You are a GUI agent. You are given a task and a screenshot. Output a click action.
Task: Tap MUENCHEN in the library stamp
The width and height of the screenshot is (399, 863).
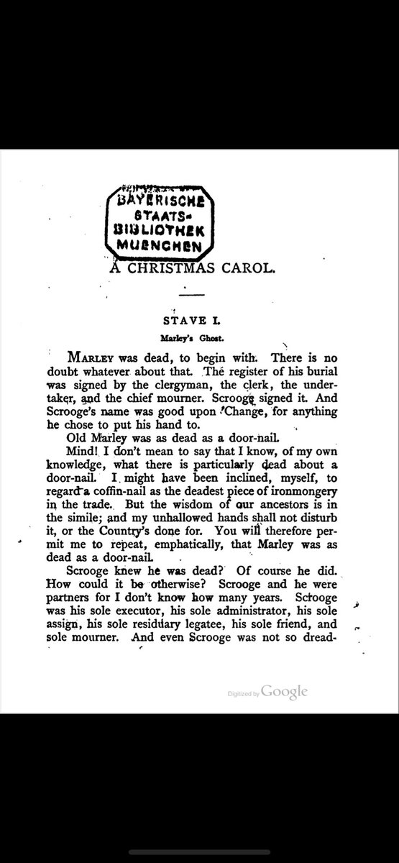click(x=161, y=244)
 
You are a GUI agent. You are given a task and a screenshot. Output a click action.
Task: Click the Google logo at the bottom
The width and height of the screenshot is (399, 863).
click(x=285, y=691)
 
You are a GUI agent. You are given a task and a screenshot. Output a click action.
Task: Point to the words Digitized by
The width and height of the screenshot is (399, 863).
click(x=243, y=693)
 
